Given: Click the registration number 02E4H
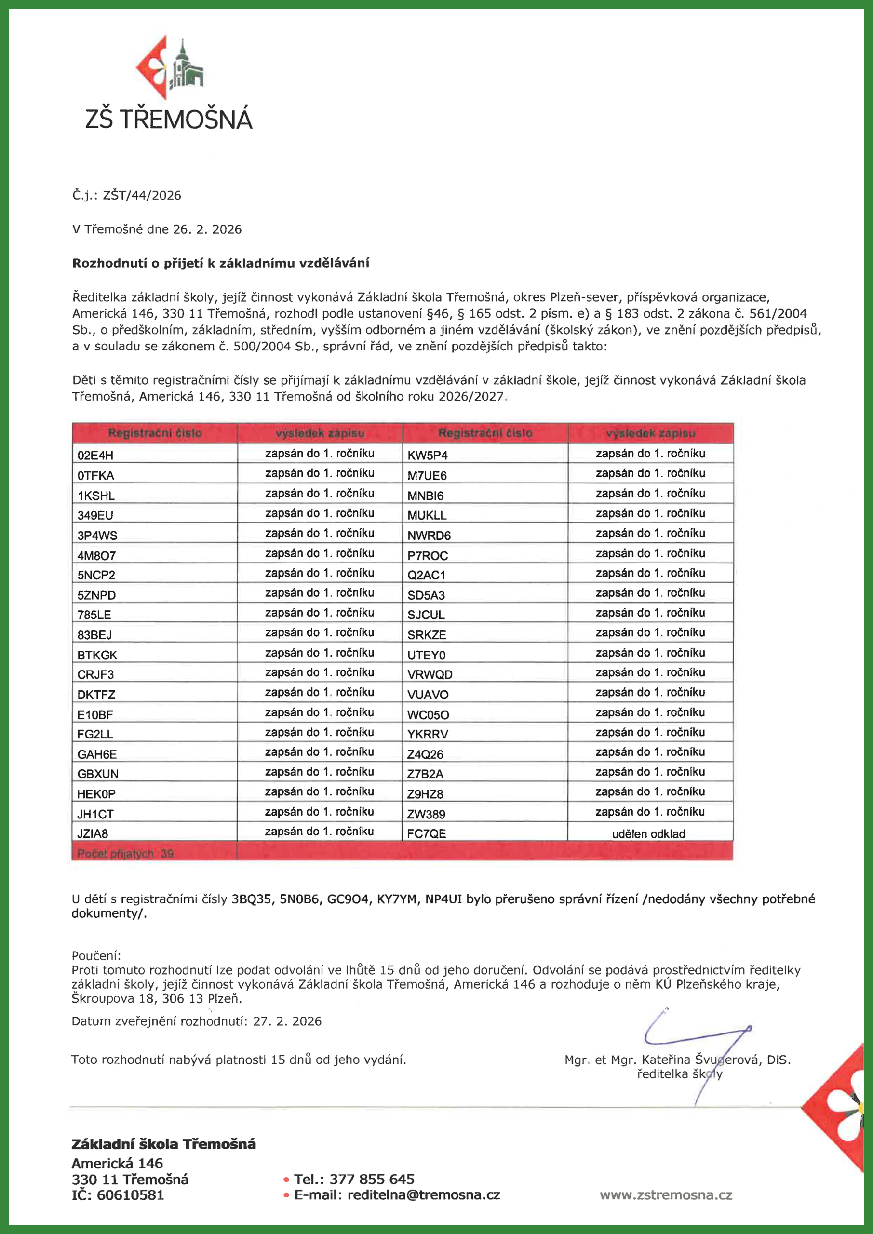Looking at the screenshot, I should click(95, 455).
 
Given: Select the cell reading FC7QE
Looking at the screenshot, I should click(426, 833).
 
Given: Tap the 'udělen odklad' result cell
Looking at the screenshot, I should click(648, 833).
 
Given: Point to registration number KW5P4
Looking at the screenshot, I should click(428, 455).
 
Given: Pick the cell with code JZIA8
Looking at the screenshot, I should click(93, 833).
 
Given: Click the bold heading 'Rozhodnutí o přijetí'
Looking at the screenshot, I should click(220, 263).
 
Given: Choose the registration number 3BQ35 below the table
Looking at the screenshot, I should click(251, 899).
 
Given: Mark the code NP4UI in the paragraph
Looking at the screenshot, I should click(443, 899).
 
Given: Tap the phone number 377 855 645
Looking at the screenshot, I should click(372, 1179).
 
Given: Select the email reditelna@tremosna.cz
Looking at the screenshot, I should click(424, 1195).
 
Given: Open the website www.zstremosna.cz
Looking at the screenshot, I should click(666, 1195).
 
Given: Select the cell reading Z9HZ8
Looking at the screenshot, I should click(425, 794).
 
